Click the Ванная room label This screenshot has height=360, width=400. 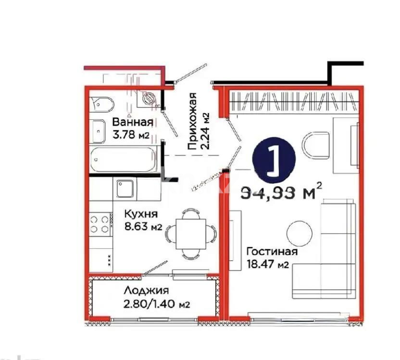tap(132, 122)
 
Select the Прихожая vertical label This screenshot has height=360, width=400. tap(193, 122)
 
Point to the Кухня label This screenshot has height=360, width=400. tap(141, 213)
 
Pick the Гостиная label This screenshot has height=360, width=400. tap(272, 251)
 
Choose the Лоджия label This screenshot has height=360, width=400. tap(146, 290)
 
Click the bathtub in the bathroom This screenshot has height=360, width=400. tap(124, 159)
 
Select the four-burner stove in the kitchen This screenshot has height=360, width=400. tap(100, 223)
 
